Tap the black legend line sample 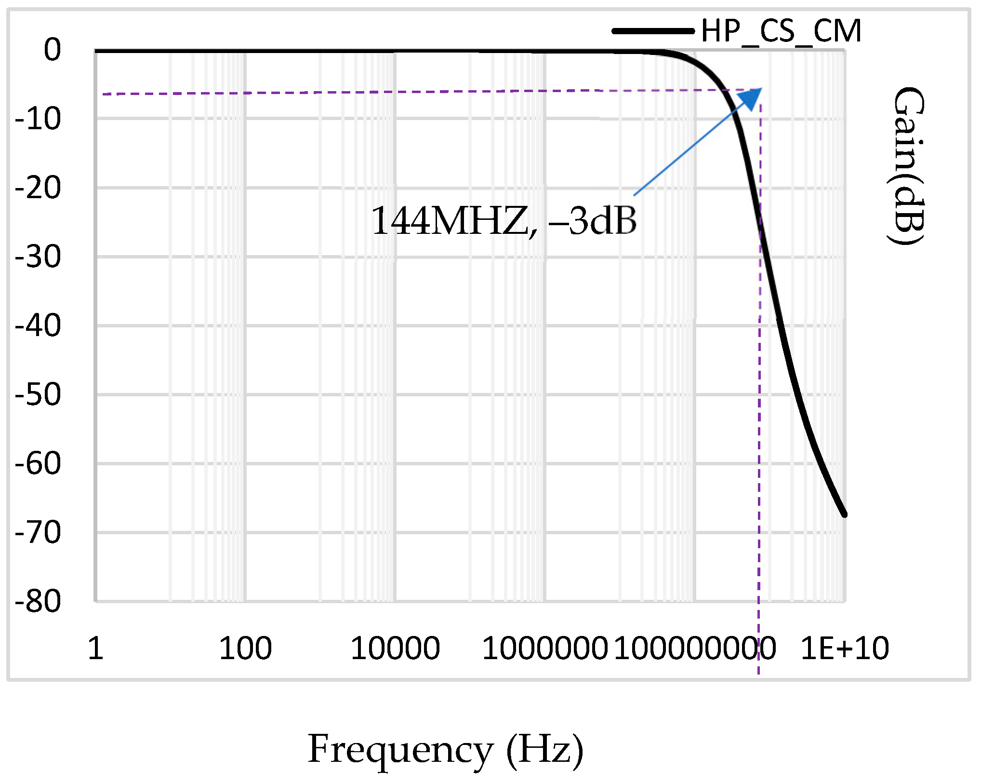pyautogui.click(x=653, y=31)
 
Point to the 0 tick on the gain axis pyautogui.click(x=52, y=50)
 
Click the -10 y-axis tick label pyautogui.click(x=38, y=119)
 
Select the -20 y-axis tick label pyautogui.click(x=38, y=188)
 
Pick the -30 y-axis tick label pyautogui.click(x=38, y=257)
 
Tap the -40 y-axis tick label pyautogui.click(x=38, y=325)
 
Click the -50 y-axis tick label pyautogui.click(x=38, y=394)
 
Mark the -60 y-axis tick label pyautogui.click(x=38, y=463)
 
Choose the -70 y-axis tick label pyautogui.click(x=38, y=532)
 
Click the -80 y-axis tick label pyautogui.click(x=38, y=601)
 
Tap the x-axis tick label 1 pyautogui.click(x=95, y=648)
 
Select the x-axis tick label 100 pyautogui.click(x=245, y=648)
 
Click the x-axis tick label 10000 pyautogui.click(x=395, y=648)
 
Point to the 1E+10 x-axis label pyautogui.click(x=844, y=648)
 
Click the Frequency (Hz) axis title pyautogui.click(x=445, y=749)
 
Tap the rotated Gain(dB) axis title pyautogui.click(x=908, y=166)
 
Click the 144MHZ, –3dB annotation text pyautogui.click(x=504, y=221)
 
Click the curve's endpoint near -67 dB pyautogui.click(x=844, y=514)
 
